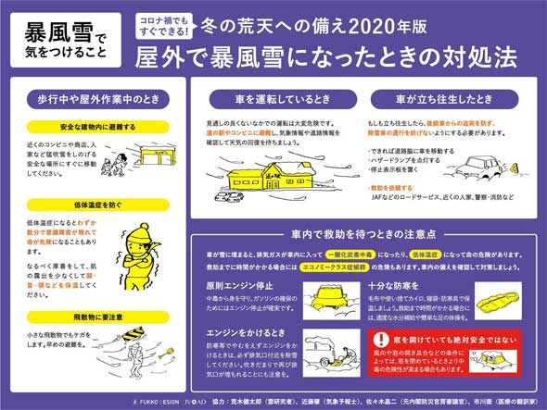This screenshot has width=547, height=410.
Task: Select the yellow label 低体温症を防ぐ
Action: pyautogui.click(x=70, y=204)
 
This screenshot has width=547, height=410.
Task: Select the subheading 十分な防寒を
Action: pyautogui.click(x=397, y=287)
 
